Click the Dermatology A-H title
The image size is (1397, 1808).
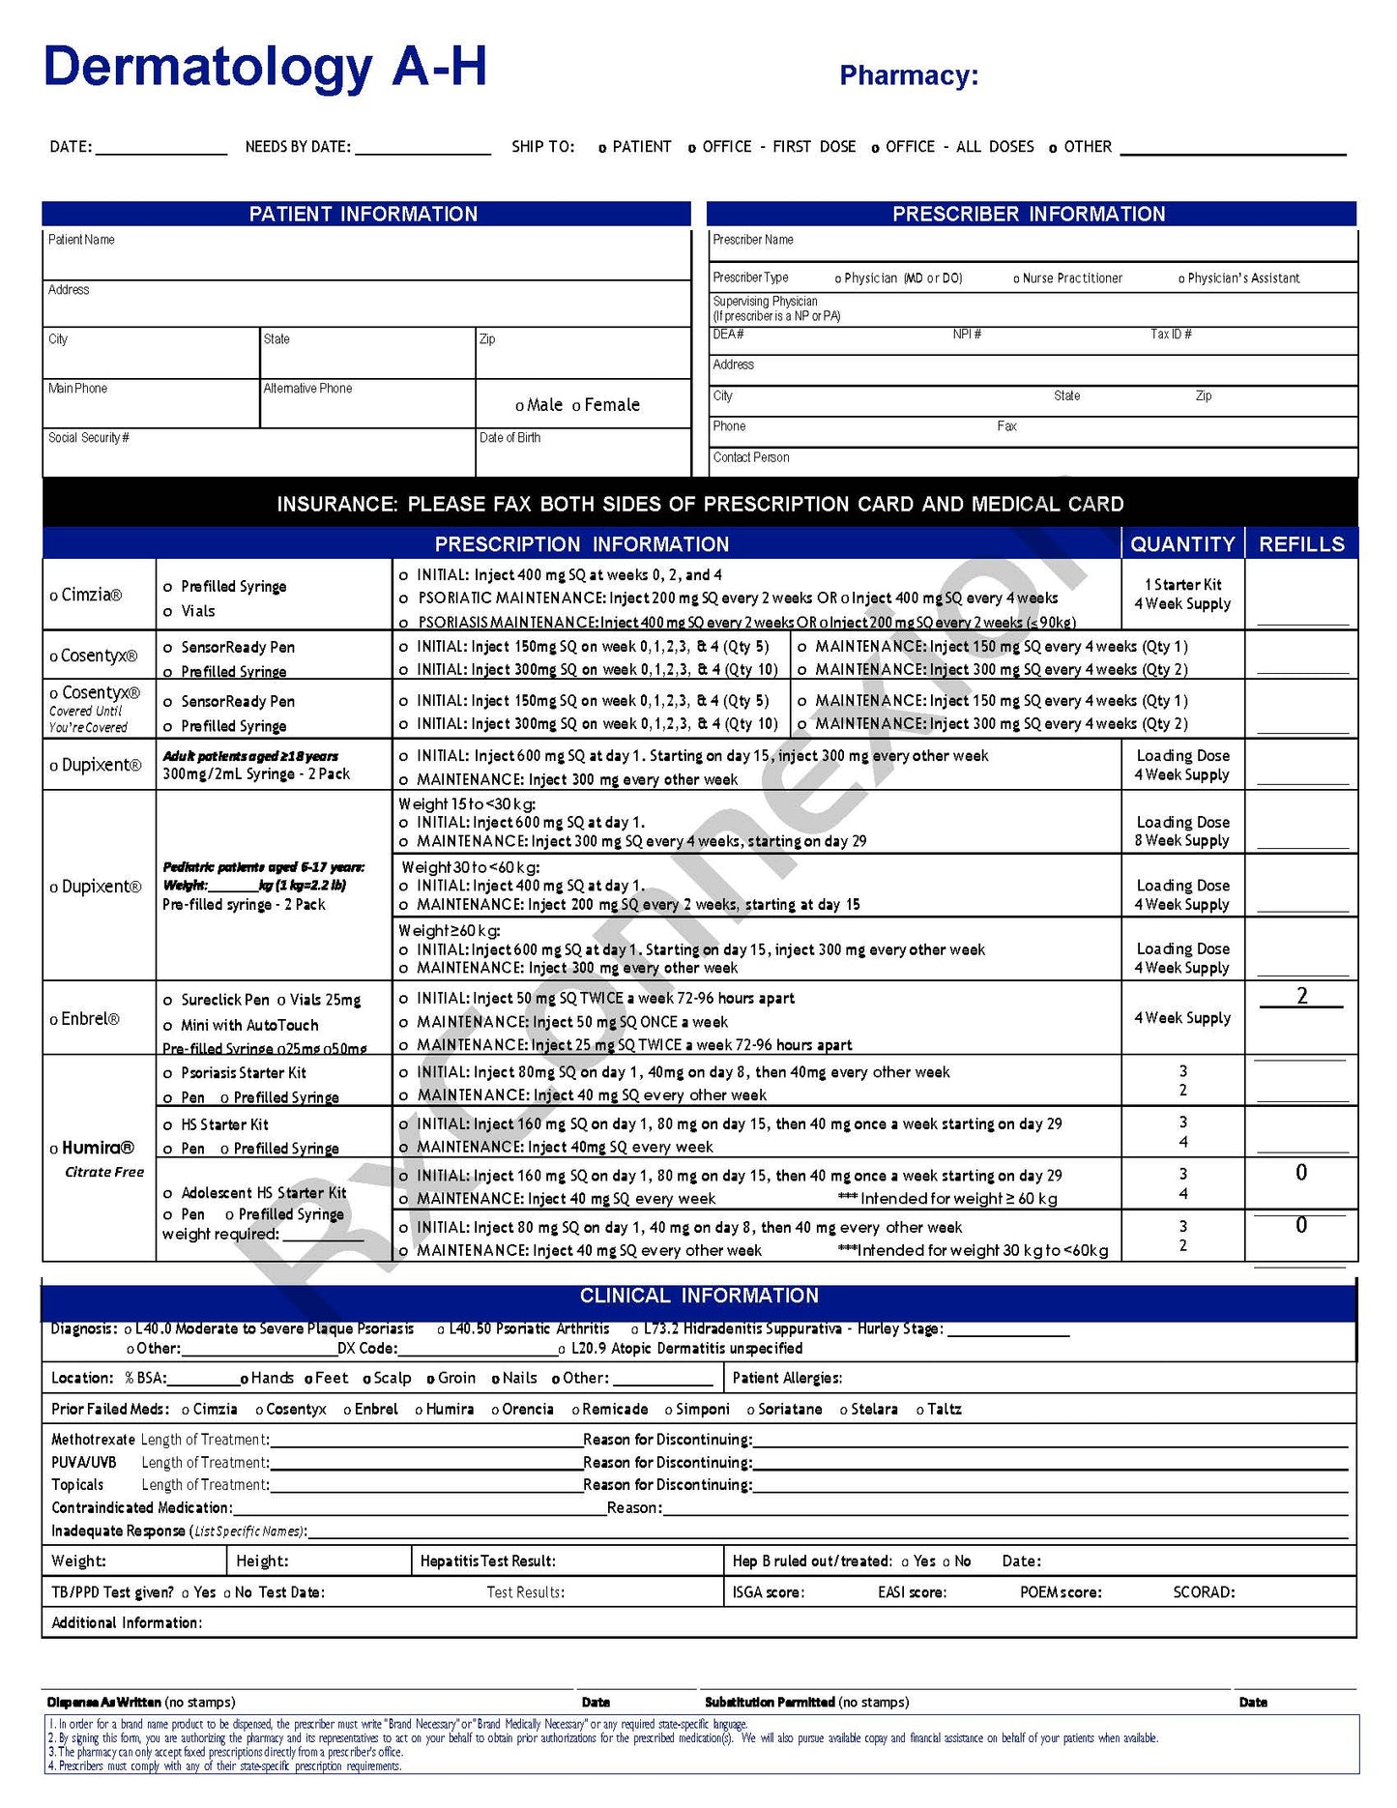tap(265, 68)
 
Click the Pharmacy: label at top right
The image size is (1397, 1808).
tap(908, 75)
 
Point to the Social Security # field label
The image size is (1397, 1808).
tap(88, 438)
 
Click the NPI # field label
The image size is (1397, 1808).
tap(967, 335)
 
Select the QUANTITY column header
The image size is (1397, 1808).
tap(1182, 544)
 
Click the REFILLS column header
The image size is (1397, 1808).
tap(1301, 544)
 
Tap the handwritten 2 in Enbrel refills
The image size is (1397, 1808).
tap(1301, 996)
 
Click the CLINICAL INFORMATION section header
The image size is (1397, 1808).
tap(698, 1296)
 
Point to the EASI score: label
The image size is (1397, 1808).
tap(912, 1592)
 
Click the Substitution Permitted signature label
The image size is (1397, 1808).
tap(770, 1702)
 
